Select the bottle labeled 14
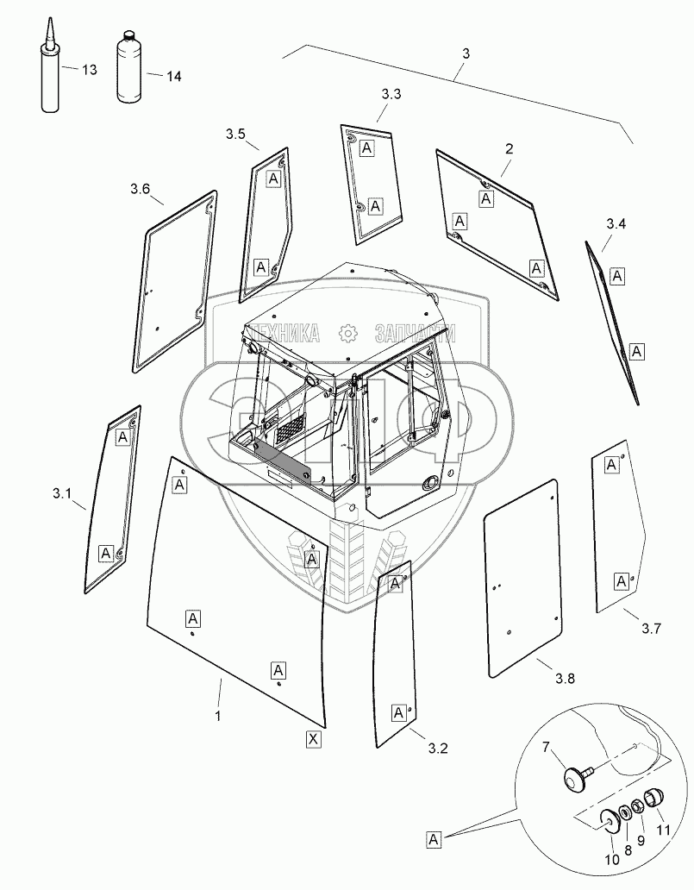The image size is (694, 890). click(x=129, y=68)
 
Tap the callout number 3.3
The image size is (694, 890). click(x=391, y=94)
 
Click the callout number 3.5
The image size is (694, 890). click(x=235, y=135)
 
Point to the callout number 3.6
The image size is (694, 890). click(x=140, y=189)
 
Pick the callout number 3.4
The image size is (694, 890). click(x=616, y=224)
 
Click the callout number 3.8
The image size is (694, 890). click(x=566, y=679)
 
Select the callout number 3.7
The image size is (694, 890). click(x=652, y=629)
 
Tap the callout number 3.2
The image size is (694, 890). click(x=438, y=749)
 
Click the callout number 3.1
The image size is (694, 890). click(x=62, y=494)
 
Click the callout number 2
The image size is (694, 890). click(x=509, y=148)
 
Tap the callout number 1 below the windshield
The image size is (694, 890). click(x=218, y=717)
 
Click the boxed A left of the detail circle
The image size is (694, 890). click(x=434, y=839)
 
